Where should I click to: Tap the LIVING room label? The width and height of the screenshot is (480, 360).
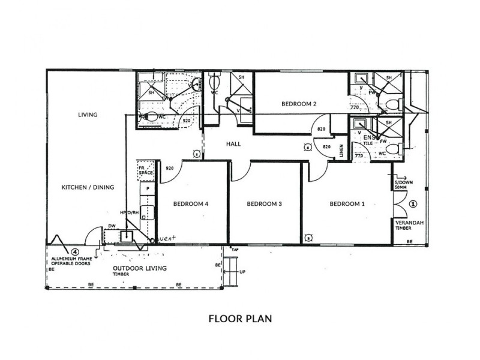click(x=88, y=115)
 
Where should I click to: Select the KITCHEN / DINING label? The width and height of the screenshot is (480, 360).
click(x=88, y=187)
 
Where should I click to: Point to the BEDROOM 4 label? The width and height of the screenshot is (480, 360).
click(x=191, y=204)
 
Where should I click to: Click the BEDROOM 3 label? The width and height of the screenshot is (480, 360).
click(x=265, y=204)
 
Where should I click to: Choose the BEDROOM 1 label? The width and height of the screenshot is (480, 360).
click(x=347, y=204)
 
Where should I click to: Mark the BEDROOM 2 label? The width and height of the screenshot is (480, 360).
click(x=299, y=104)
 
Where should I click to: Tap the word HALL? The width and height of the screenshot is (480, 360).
click(x=234, y=145)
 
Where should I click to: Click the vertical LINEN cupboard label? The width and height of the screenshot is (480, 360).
click(x=341, y=151)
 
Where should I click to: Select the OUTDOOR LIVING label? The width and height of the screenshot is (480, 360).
click(x=140, y=268)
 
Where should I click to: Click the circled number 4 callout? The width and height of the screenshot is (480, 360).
click(x=75, y=252)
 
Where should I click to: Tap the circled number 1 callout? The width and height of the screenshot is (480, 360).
click(x=412, y=203)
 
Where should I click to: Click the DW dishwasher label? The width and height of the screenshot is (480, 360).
click(x=111, y=226)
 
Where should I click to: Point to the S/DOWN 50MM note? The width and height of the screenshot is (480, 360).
click(x=401, y=185)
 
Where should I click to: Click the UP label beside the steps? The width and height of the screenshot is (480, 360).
click(x=242, y=272)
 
